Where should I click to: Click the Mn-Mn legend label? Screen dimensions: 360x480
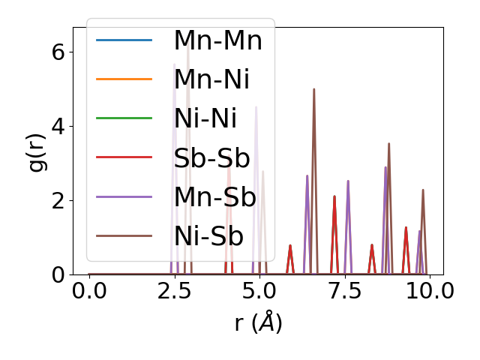(x=217, y=40)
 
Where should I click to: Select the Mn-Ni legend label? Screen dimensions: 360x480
(x=211, y=79)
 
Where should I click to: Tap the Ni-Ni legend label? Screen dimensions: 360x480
(x=205, y=118)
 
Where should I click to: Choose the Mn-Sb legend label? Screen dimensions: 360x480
(x=214, y=197)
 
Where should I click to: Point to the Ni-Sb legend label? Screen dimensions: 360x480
(x=208, y=236)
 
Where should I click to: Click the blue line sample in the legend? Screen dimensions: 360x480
(x=124, y=40)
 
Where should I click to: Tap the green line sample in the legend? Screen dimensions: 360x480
(x=124, y=118)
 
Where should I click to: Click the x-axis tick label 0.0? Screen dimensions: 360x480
(x=89, y=291)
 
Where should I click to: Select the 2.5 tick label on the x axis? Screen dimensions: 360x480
(x=174, y=291)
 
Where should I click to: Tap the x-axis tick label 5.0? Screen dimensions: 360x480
(x=259, y=291)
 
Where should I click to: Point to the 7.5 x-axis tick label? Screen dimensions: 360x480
(x=344, y=291)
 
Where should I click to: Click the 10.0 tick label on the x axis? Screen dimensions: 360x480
(x=424, y=291)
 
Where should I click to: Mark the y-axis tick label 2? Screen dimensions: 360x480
(x=58, y=200)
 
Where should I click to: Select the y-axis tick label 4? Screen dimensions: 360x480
(x=58, y=126)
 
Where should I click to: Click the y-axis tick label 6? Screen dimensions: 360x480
(x=58, y=52)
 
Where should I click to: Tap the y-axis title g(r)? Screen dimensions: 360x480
(x=37, y=150)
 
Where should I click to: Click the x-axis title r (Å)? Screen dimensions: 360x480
(x=258, y=323)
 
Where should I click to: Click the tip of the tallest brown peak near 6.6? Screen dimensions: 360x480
(x=313, y=89)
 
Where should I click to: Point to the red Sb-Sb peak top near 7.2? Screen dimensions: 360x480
(x=334, y=196)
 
